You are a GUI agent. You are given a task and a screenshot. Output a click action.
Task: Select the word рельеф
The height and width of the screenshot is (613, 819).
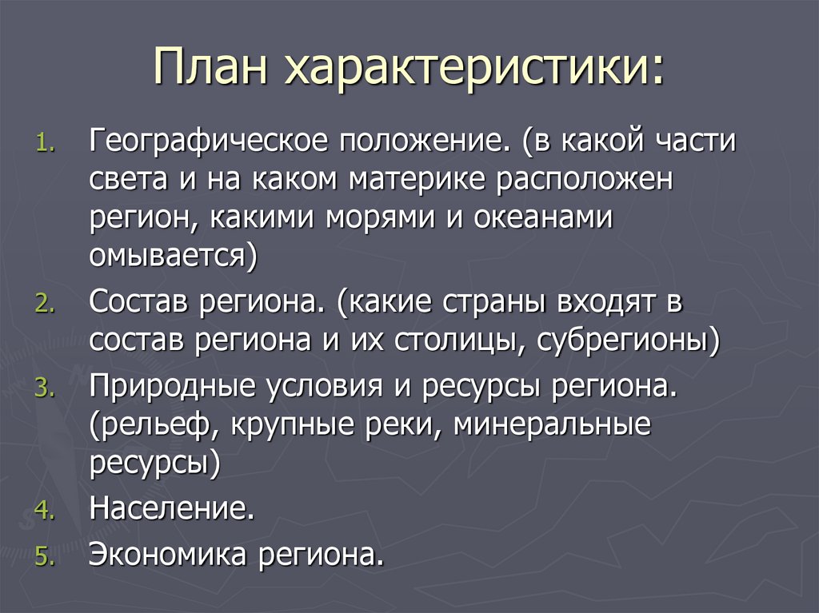click(x=155, y=428)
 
